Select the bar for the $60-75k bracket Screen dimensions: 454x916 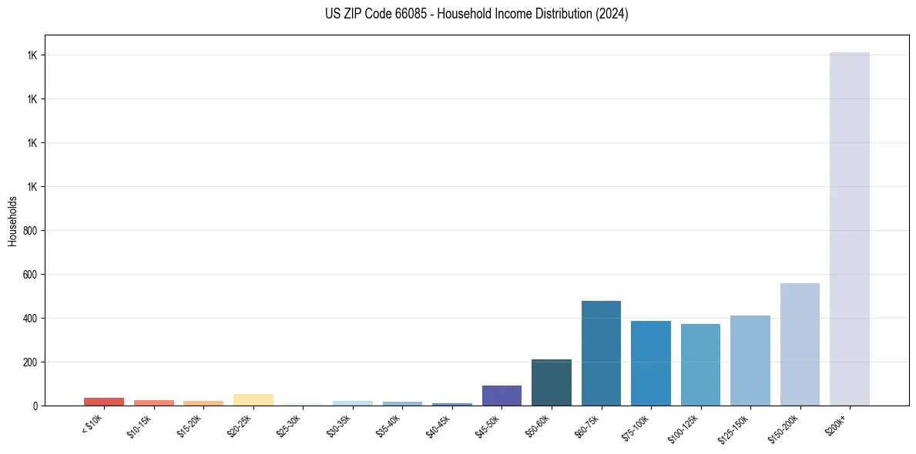601,353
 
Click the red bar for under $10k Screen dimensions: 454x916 104,402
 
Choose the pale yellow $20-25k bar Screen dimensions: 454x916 253,399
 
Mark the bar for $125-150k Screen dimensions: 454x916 750,360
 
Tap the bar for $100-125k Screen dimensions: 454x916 700,365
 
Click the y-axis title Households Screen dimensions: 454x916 12,221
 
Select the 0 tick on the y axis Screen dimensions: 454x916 35,406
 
